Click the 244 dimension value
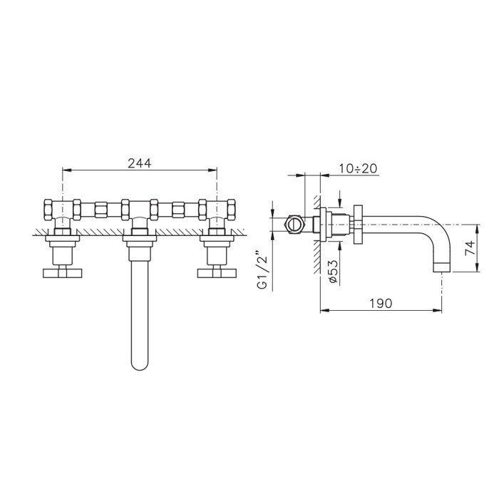click(x=140, y=163)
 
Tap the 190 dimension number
click(x=381, y=303)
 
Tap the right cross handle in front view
click(x=217, y=272)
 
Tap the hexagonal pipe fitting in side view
click(x=292, y=222)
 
